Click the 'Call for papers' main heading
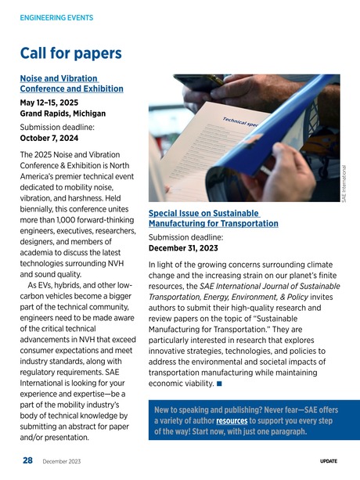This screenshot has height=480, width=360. pos(70,53)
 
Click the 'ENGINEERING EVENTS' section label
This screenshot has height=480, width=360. pos(56,17)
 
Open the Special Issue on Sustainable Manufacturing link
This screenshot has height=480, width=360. pos(213,218)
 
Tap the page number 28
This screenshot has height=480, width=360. pos(27,462)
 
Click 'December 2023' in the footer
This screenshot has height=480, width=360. pos(61,463)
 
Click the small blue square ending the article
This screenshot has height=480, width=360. pos(221,384)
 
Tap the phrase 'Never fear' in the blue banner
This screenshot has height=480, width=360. pos(274,409)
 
